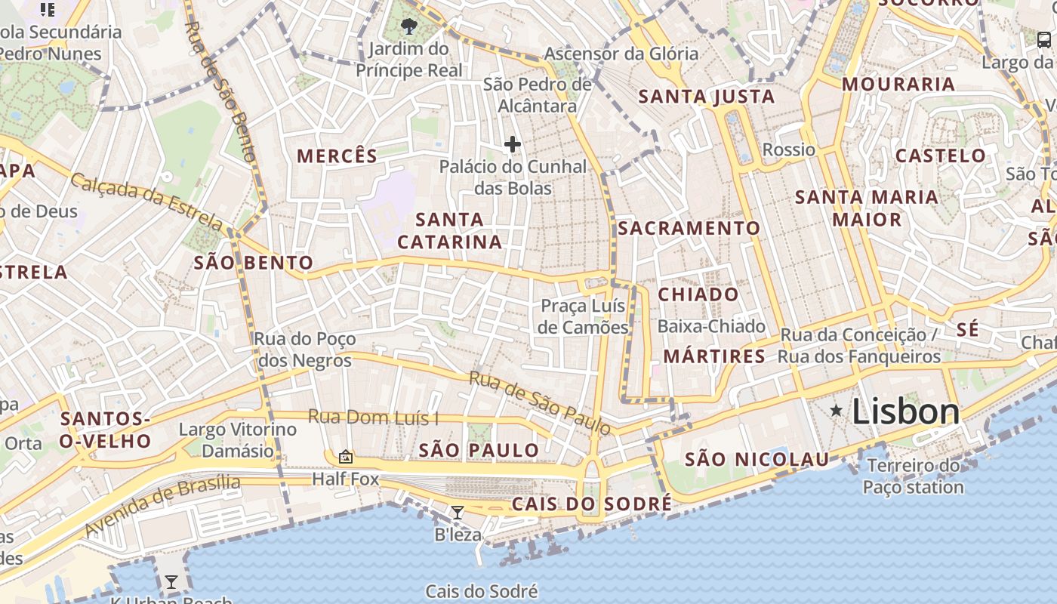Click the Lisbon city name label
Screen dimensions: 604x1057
click(x=905, y=412)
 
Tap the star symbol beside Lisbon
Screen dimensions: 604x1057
click(x=837, y=410)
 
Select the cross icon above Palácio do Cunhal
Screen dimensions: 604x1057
click(x=513, y=144)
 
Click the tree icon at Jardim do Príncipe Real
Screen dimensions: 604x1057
click(x=409, y=27)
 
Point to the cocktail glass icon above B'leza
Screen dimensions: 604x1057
click(x=458, y=513)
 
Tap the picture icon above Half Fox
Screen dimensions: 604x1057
click(x=346, y=456)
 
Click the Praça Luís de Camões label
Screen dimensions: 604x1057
click(x=583, y=316)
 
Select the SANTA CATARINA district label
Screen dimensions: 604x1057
click(x=450, y=231)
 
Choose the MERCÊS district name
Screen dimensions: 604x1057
click(x=337, y=156)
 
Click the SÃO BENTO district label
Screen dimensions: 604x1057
click(x=254, y=263)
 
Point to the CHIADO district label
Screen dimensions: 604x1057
click(x=698, y=294)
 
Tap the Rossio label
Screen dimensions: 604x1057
click(x=789, y=149)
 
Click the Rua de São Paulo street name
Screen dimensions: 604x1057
click(x=540, y=403)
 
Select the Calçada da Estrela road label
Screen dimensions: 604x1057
click(x=147, y=202)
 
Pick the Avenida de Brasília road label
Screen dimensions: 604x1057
click(x=162, y=505)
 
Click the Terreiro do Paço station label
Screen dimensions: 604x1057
click(x=914, y=476)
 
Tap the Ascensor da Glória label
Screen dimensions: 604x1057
click(x=621, y=54)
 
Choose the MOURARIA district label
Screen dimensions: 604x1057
click(x=898, y=84)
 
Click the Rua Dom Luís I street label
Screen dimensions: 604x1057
click(x=373, y=418)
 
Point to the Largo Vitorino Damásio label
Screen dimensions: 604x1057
click(x=238, y=440)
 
